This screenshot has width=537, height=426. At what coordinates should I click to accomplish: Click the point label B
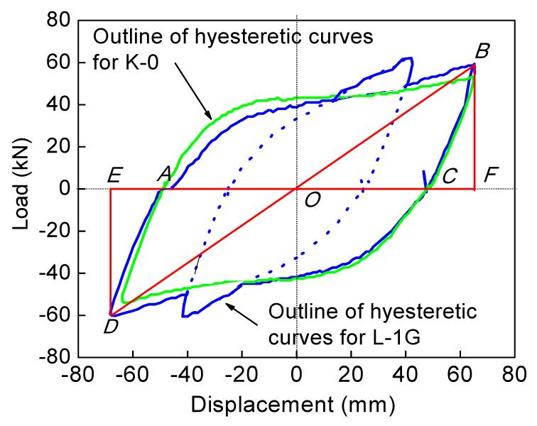coord(482,51)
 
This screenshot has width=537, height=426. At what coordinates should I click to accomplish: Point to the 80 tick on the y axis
coord(60,21)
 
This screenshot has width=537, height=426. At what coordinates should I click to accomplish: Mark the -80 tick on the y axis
coord(55,357)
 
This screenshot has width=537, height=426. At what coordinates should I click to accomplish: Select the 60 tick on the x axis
coord(460,374)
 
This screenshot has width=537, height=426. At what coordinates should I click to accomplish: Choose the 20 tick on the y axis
coord(60,147)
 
